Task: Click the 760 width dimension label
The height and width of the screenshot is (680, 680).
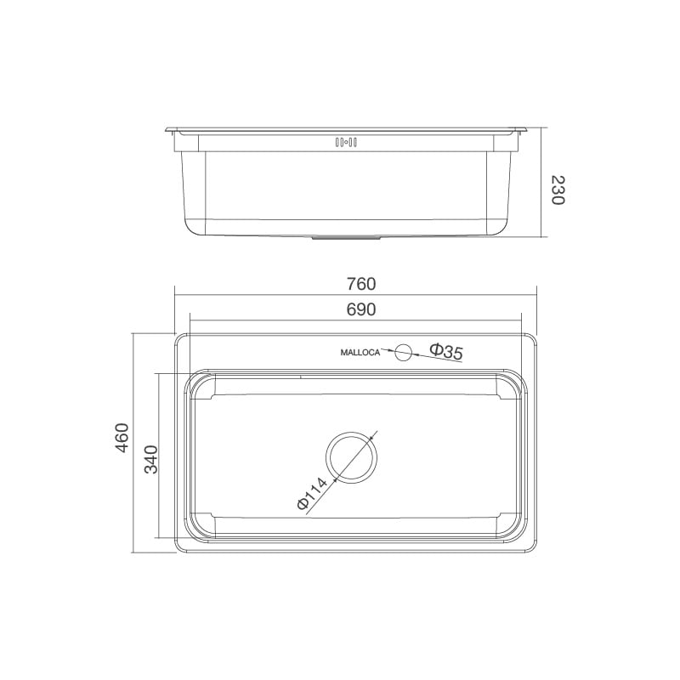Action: pos(360,283)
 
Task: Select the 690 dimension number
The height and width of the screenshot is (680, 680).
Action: pos(360,309)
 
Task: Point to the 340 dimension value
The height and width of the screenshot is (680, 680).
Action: pos(150,459)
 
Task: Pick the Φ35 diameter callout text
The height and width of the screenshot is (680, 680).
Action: pos(445,350)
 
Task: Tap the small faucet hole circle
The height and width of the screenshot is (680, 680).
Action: pos(403,350)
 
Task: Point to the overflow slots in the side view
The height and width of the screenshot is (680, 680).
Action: pos(349,142)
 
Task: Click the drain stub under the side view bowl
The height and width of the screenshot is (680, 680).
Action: pos(348,237)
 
